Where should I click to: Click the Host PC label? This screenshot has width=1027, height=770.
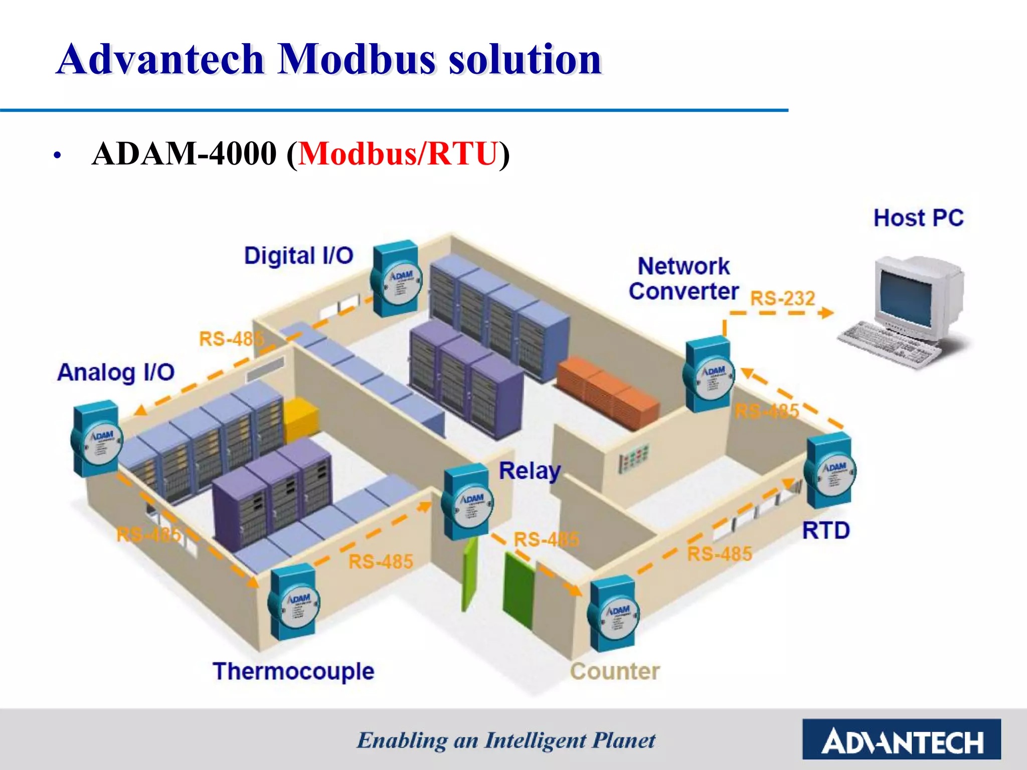click(x=918, y=218)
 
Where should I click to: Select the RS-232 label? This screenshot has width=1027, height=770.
click(x=782, y=298)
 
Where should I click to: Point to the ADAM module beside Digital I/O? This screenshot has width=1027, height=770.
click(x=396, y=279)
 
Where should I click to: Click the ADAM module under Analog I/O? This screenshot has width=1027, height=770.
click(x=96, y=439)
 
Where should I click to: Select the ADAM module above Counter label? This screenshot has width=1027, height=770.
click(x=613, y=614)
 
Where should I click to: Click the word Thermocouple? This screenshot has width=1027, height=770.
click(x=293, y=671)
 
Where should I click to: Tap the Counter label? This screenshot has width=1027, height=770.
click(x=615, y=671)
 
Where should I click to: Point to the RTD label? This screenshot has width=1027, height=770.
click(x=825, y=530)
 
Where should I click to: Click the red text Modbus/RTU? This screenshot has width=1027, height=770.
click(x=398, y=153)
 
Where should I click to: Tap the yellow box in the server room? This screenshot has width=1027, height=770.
click(x=301, y=419)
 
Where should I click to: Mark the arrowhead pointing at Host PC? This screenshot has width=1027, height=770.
click(x=825, y=313)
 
